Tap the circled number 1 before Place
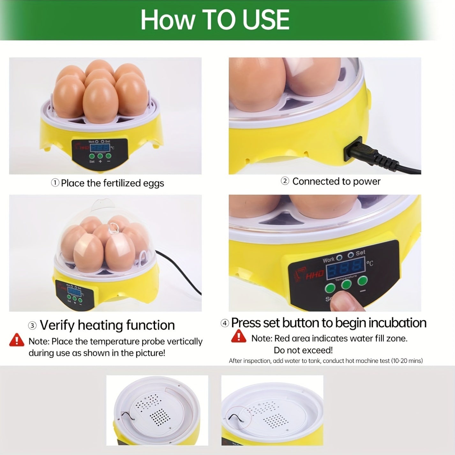pos(55,183)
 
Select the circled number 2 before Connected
pos(285,181)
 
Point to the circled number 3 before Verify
pos(32,325)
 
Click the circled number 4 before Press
pos(225,323)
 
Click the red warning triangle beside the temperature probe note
pos(17,340)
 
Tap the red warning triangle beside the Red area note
pos(239,336)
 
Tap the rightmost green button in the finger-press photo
pos(362,280)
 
